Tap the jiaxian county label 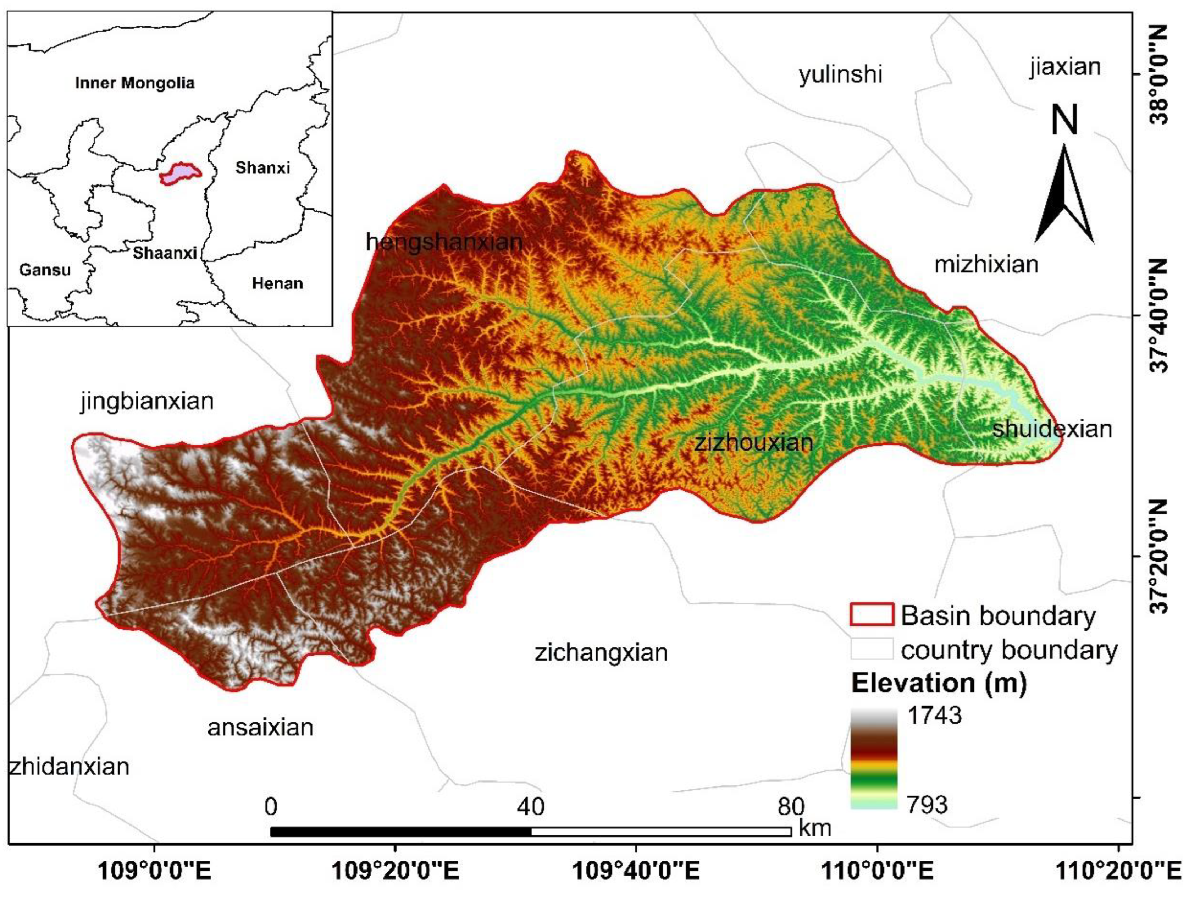tap(1065, 67)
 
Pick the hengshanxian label tap(444, 243)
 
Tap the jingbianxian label tap(147, 401)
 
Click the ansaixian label tap(260, 728)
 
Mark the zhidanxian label tap(69, 767)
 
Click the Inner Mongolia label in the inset tap(134, 83)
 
